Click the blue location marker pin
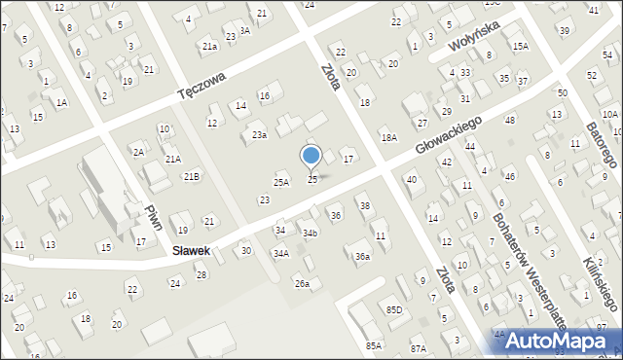[311, 156]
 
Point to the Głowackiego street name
[449, 132]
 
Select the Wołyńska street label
[473, 37]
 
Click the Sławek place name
[192, 250]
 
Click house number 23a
[259, 135]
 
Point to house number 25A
[280, 182]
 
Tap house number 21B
[192, 176]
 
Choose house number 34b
[310, 234]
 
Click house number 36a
[362, 256]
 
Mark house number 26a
[303, 283]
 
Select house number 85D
[393, 309]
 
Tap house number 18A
[388, 138]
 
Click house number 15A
[521, 46]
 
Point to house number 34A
[280, 253]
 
